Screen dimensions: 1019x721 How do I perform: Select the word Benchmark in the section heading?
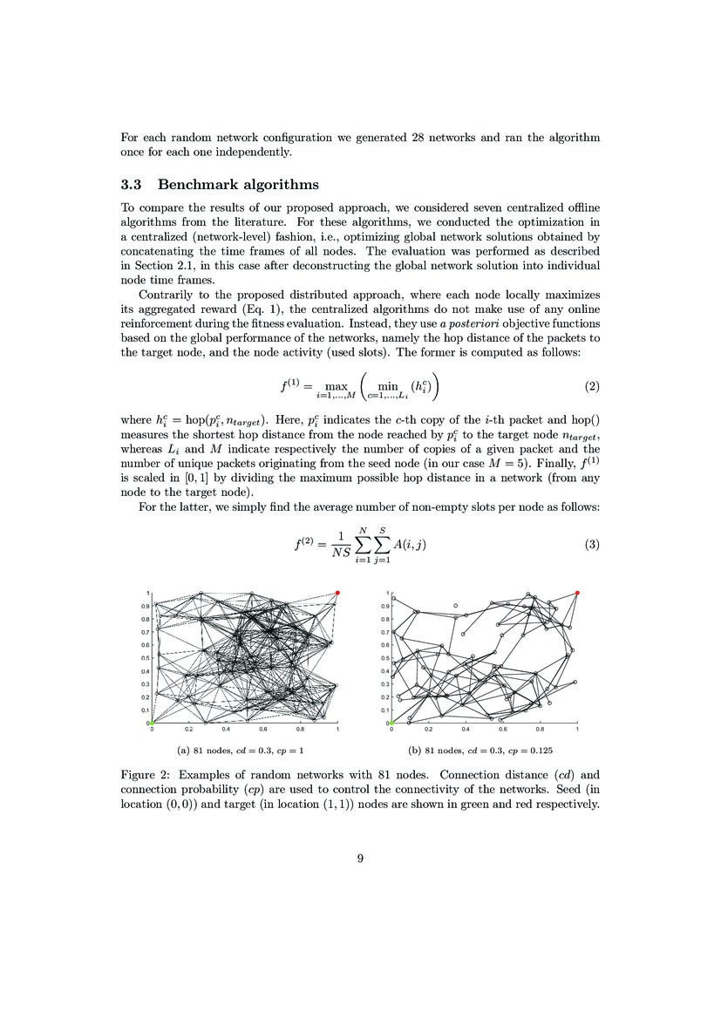(x=202, y=185)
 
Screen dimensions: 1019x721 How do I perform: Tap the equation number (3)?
(x=591, y=545)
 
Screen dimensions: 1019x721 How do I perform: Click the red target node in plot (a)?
(x=337, y=593)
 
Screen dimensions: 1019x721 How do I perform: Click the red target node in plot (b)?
(x=577, y=593)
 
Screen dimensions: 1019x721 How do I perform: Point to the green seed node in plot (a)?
(x=151, y=723)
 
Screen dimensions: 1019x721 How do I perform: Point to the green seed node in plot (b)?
(x=391, y=723)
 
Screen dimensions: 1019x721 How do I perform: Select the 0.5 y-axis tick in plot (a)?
(x=146, y=657)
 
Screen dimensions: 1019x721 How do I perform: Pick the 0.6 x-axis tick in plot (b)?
(x=503, y=730)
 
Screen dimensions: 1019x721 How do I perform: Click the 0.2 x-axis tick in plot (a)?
(x=188, y=730)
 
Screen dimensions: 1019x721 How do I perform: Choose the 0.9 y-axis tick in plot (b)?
(x=385, y=606)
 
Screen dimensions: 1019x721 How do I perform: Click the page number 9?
(x=360, y=858)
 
